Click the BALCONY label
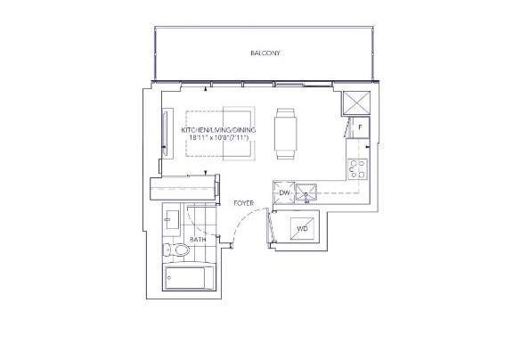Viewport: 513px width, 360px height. [x=265, y=53]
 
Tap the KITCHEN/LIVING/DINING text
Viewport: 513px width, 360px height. [x=218, y=130]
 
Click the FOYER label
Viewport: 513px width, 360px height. [x=243, y=203]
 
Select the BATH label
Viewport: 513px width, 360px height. [x=198, y=240]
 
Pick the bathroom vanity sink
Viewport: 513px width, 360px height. [x=172, y=219]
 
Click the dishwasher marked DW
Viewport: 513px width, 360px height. [x=284, y=192]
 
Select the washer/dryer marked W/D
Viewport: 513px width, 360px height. [x=302, y=229]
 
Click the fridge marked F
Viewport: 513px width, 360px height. [x=360, y=127]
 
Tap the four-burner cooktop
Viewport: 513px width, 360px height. [x=357, y=169]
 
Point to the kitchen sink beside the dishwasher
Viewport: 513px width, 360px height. [x=306, y=193]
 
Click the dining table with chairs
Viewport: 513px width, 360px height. [x=286, y=134]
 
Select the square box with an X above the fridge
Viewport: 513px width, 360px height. [x=356, y=102]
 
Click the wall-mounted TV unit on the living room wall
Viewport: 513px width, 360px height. [x=167, y=134]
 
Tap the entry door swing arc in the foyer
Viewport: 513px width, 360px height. [x=245, y=218]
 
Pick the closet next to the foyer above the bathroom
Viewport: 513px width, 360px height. [x=184, y=187]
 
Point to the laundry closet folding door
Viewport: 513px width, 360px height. [x=270, y=226]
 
